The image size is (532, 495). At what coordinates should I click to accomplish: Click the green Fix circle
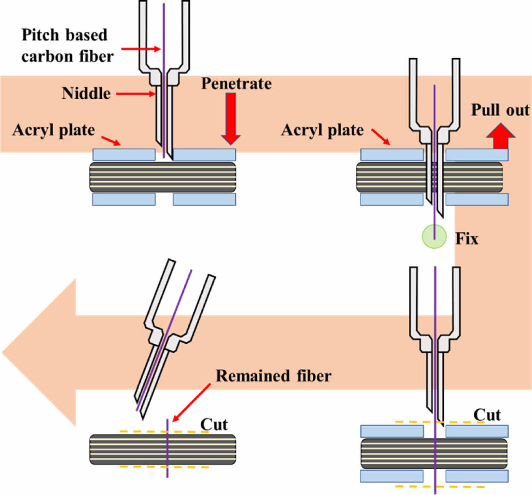434,237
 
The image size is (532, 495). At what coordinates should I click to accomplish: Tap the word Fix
467,239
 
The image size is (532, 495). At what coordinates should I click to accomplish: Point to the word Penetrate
236,84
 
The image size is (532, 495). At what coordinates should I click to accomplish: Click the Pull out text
500,110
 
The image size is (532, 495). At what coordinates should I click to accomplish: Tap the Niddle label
86,93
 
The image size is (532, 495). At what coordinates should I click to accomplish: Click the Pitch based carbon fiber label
67,46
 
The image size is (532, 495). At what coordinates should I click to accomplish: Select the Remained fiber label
273,376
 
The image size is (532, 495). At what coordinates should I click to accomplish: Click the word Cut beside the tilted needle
214,424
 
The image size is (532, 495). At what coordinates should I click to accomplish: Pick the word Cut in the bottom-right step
487,415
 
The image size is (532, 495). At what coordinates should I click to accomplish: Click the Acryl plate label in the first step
54,130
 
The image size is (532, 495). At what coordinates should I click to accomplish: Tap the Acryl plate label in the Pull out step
322,130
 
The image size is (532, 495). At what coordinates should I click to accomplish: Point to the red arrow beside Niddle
136,94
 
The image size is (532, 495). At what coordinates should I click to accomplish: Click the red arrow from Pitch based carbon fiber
141,49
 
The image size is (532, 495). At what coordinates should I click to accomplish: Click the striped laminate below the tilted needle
163,449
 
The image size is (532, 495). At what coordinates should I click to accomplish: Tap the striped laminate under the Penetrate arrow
203,177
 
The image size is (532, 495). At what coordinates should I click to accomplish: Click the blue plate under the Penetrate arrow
204,155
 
